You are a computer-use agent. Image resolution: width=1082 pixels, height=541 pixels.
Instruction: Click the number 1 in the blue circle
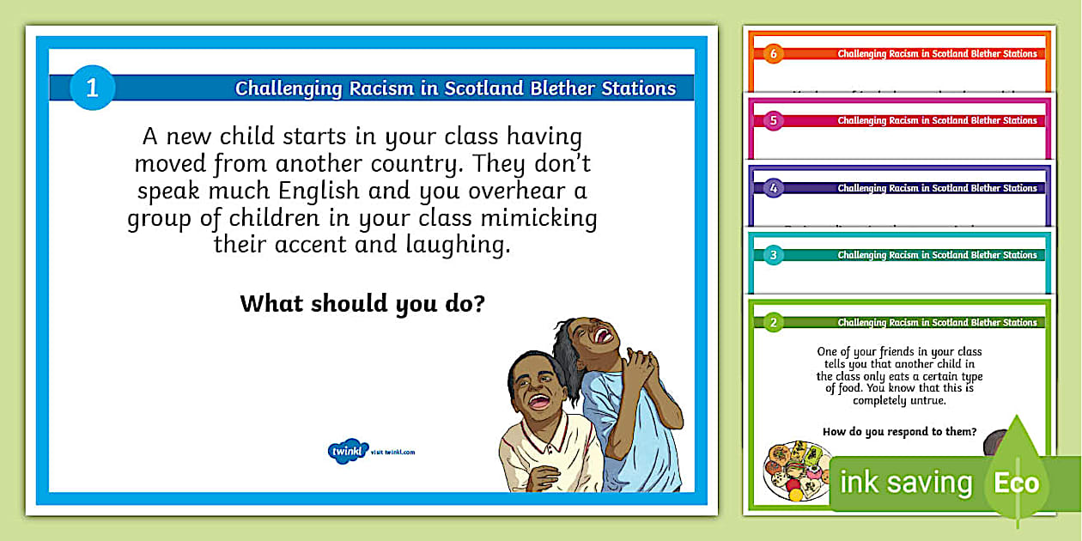tap(92, 88)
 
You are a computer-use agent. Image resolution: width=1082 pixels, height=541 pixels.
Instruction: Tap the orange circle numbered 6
tap(773, 53)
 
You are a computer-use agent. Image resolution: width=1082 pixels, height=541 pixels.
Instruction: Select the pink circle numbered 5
tap(773, 120)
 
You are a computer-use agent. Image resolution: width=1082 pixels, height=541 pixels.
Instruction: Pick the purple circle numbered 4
tap(773, 187)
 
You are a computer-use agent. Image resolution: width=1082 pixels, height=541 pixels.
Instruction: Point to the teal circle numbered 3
tap(773, 255)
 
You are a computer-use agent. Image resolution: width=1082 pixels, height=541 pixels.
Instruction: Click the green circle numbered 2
tap(773, 323)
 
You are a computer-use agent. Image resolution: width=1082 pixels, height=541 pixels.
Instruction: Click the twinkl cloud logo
tap(348, 451)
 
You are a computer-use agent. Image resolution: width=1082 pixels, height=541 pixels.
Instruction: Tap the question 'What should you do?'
tap(362, 303)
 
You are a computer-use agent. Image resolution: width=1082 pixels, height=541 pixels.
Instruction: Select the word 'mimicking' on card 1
tap(544, 218)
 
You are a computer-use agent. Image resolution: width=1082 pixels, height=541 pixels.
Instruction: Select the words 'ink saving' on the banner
tap(905, 483)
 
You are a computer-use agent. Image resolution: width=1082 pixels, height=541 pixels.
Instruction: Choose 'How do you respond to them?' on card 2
tap(899, 432)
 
